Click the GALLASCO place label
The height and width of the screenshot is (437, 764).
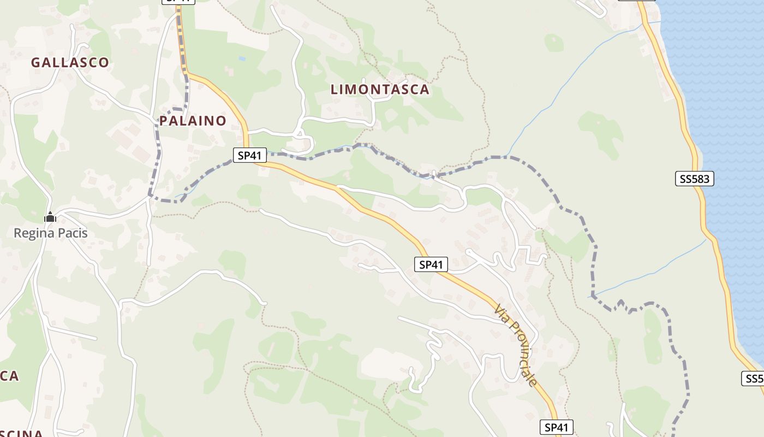pos(70,63)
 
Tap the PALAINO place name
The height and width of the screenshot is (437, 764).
pos(193,121)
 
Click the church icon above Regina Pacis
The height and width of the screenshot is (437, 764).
pos(50,217)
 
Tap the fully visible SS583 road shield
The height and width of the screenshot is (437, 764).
pos(695,179)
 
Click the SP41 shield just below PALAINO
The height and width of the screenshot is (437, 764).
pos(250,156)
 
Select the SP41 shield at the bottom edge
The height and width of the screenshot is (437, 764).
pos(557,427)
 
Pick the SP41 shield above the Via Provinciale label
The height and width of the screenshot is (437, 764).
pos(431,265)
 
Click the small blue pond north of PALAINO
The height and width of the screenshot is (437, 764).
pos(242,58)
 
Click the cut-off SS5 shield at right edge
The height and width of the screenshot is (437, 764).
pos(754,379)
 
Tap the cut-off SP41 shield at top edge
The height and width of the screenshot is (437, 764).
pos(178,2)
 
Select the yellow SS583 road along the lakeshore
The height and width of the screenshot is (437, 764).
pos(691,137)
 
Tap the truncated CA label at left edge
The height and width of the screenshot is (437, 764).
pos(9,376)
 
